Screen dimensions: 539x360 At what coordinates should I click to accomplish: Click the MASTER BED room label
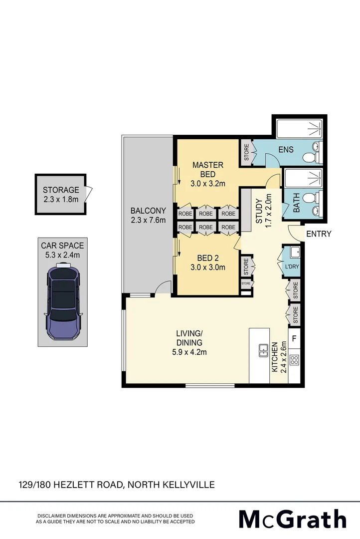click(208, 169)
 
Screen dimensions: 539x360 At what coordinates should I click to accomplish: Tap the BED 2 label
click(208, 258)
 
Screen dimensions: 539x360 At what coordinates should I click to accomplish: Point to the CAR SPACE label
click(63, 246)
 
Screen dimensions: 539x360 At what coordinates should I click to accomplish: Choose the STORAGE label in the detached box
click(61, 190)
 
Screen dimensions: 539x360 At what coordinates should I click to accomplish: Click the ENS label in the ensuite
click(286, 150)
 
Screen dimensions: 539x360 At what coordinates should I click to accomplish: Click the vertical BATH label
click(296, 205)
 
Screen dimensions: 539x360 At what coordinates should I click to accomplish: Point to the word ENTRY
click(318, 234)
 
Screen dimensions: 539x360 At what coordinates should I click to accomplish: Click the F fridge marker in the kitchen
click(294, 339)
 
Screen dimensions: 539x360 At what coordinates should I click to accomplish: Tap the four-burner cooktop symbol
click(294, 359)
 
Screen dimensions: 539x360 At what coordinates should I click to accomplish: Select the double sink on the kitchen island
click(263, 351)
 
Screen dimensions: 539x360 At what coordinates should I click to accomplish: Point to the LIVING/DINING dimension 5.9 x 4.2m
click(188, 352)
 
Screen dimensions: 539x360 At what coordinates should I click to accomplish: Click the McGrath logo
click(292, 519)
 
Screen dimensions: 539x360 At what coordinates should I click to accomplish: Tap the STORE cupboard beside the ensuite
click(246, 153)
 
